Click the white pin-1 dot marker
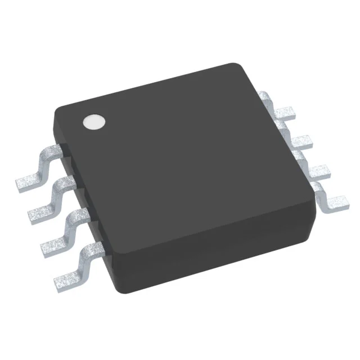click(94, 122)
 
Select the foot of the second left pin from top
click(40, 211)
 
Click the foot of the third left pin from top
click(55, 243)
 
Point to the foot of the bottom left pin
click(70, 276)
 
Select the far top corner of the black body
click(238, 66)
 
